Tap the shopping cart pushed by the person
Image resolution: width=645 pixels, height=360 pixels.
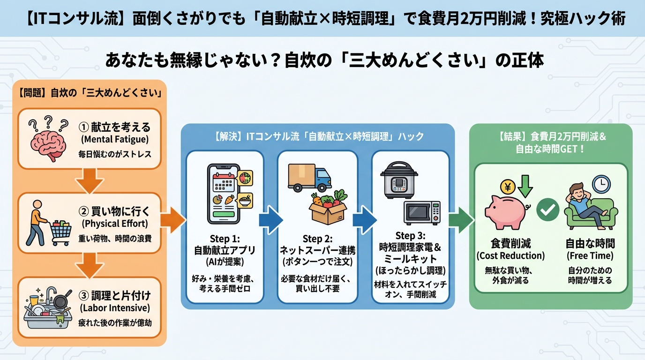click(60, 230)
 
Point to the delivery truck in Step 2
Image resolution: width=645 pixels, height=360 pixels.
click(309, 178)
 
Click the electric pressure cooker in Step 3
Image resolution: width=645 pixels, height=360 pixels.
click(398, 180)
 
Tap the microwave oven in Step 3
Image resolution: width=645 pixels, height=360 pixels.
click(422, 213)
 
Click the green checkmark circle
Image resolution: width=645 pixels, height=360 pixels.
click(547, 210)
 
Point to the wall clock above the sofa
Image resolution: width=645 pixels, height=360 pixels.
click(601, 184)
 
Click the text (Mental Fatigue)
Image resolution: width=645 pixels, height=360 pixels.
click(114, 139)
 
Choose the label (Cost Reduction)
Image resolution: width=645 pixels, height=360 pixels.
click(510, 255)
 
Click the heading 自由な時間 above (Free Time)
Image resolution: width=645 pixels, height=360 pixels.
click(590, 243)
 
